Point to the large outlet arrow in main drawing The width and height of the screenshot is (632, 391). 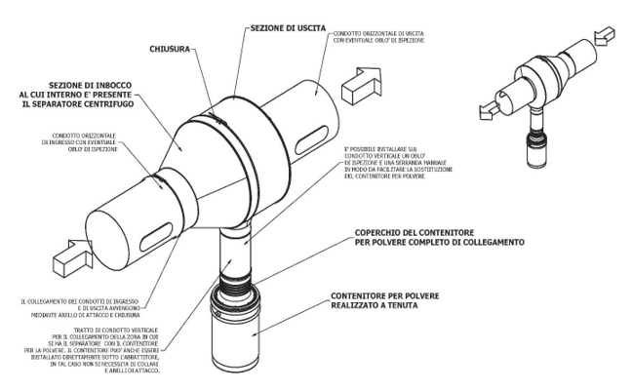[x=368, y=82]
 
